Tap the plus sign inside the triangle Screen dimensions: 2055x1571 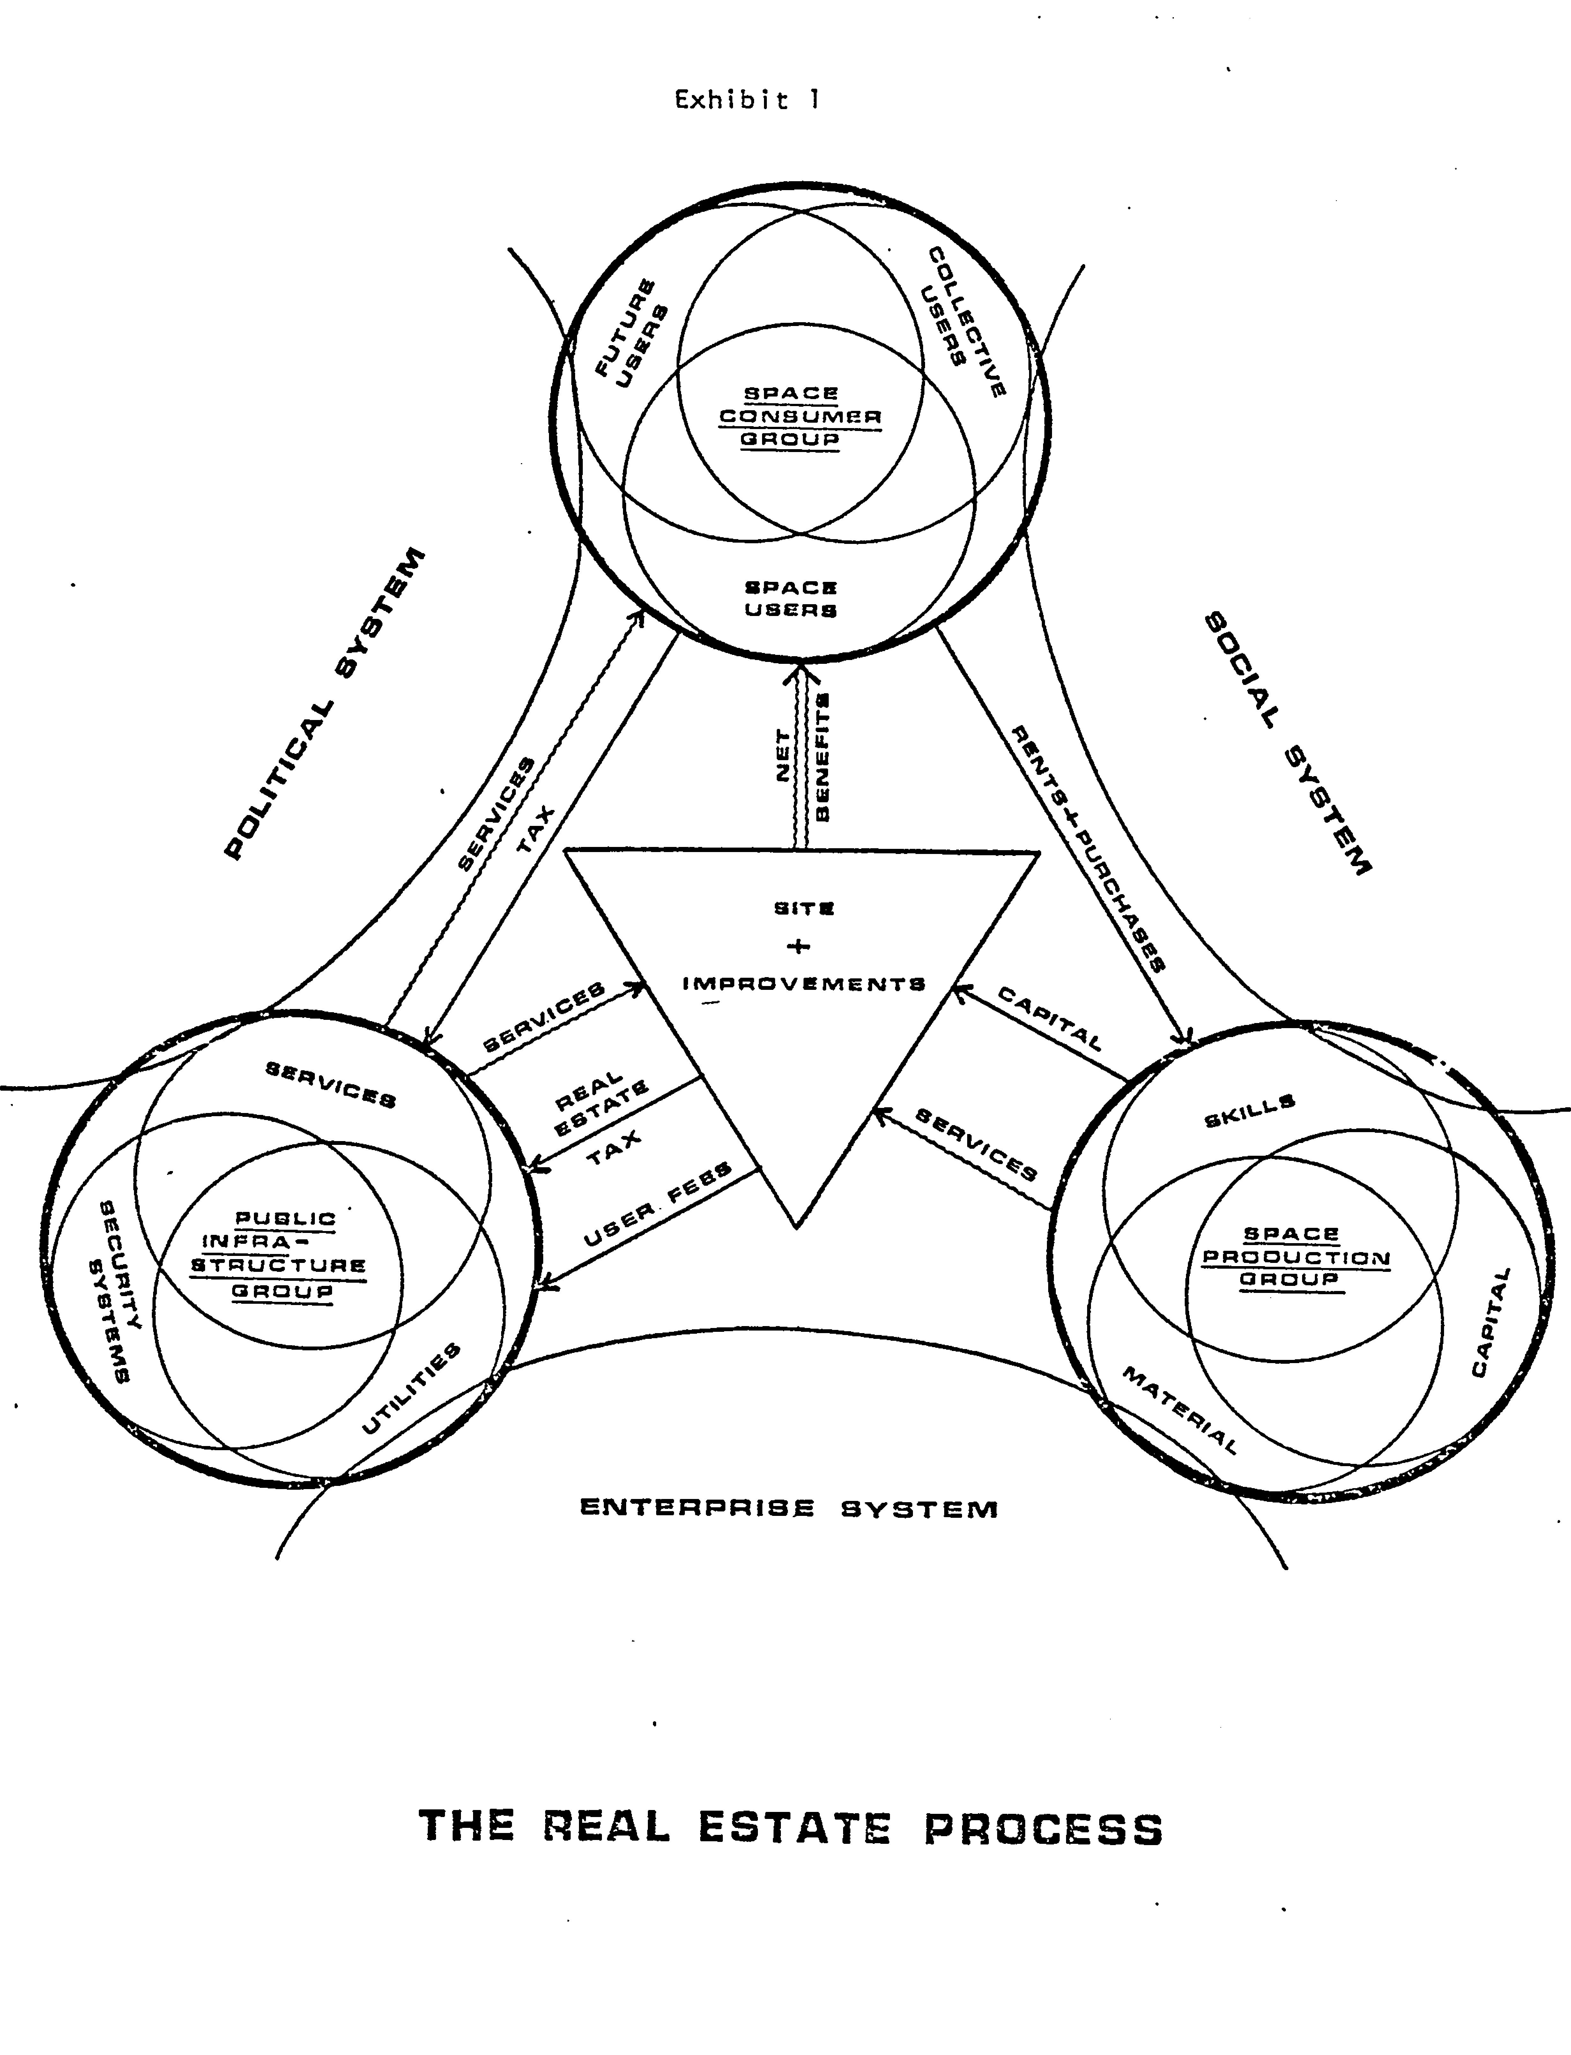[x=799, y=946]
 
